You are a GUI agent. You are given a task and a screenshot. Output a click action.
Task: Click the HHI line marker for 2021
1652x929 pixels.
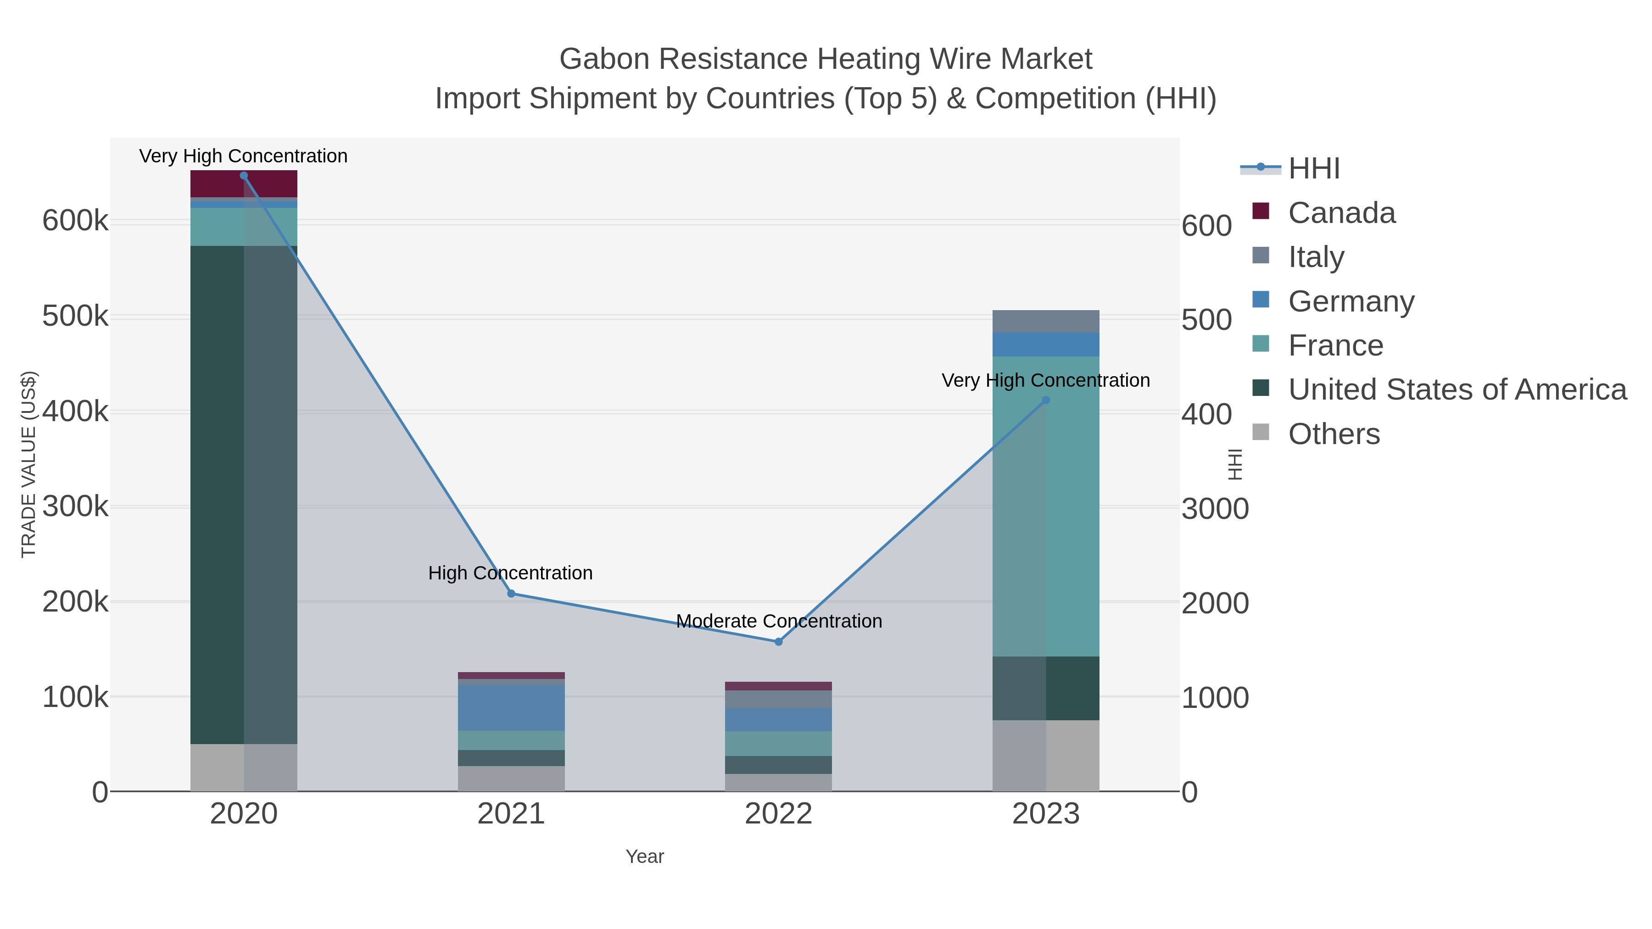(511, 594)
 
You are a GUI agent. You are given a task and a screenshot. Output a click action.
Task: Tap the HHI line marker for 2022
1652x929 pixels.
(779, 642)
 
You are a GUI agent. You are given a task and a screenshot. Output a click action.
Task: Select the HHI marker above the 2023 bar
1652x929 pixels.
(1046, 400)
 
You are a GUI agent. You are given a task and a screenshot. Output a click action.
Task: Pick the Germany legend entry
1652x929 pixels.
(1351, 301)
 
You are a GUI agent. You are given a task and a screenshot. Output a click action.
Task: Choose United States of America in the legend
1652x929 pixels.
(1457, 390)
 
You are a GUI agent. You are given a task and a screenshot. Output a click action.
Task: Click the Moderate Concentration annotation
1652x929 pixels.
(779, 621)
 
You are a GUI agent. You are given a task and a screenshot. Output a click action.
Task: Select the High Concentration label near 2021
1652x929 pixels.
(510, 573)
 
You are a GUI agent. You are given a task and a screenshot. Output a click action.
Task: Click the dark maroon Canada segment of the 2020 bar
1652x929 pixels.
(244, 184)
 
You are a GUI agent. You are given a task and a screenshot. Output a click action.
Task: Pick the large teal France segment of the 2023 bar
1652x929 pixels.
(1046, 506)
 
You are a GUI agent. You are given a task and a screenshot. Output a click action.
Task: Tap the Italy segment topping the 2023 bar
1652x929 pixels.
(1046, 321)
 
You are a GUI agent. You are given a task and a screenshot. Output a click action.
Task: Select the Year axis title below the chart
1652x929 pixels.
(645, 857)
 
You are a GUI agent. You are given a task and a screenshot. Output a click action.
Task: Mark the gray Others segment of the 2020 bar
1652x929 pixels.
(244, 768)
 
